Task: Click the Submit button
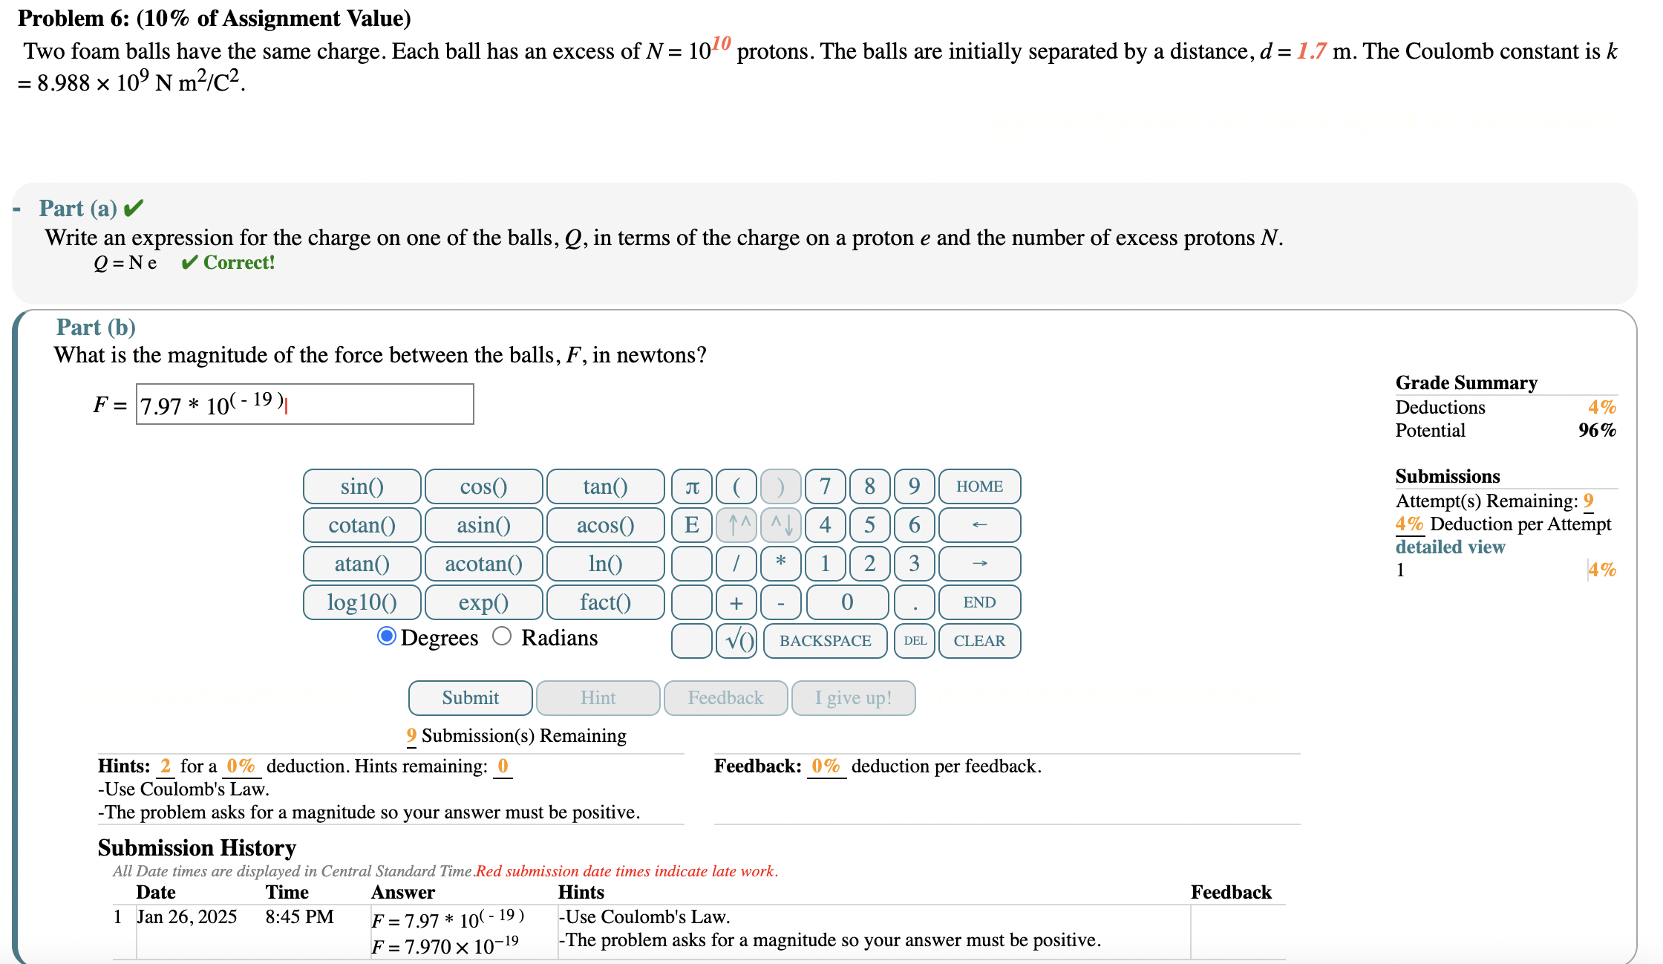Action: point(470,697)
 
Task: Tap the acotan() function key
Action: point(483,564)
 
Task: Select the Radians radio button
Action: point(502,636)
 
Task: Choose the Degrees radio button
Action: point(386,636)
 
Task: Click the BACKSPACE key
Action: point(825,641)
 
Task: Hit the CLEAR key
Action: point(979,641)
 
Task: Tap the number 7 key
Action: point(825,486)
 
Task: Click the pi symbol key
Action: point(692,486)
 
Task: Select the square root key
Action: point(736,641)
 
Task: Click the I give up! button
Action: point(853,697)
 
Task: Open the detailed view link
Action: point(1450,547)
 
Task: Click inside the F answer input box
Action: point(371,405)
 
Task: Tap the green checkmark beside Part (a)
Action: point(134,208)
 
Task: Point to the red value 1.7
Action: point(1311,51)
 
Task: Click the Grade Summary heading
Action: point(1466,382)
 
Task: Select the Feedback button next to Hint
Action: point(725,697)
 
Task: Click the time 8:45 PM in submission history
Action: point(299,916)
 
